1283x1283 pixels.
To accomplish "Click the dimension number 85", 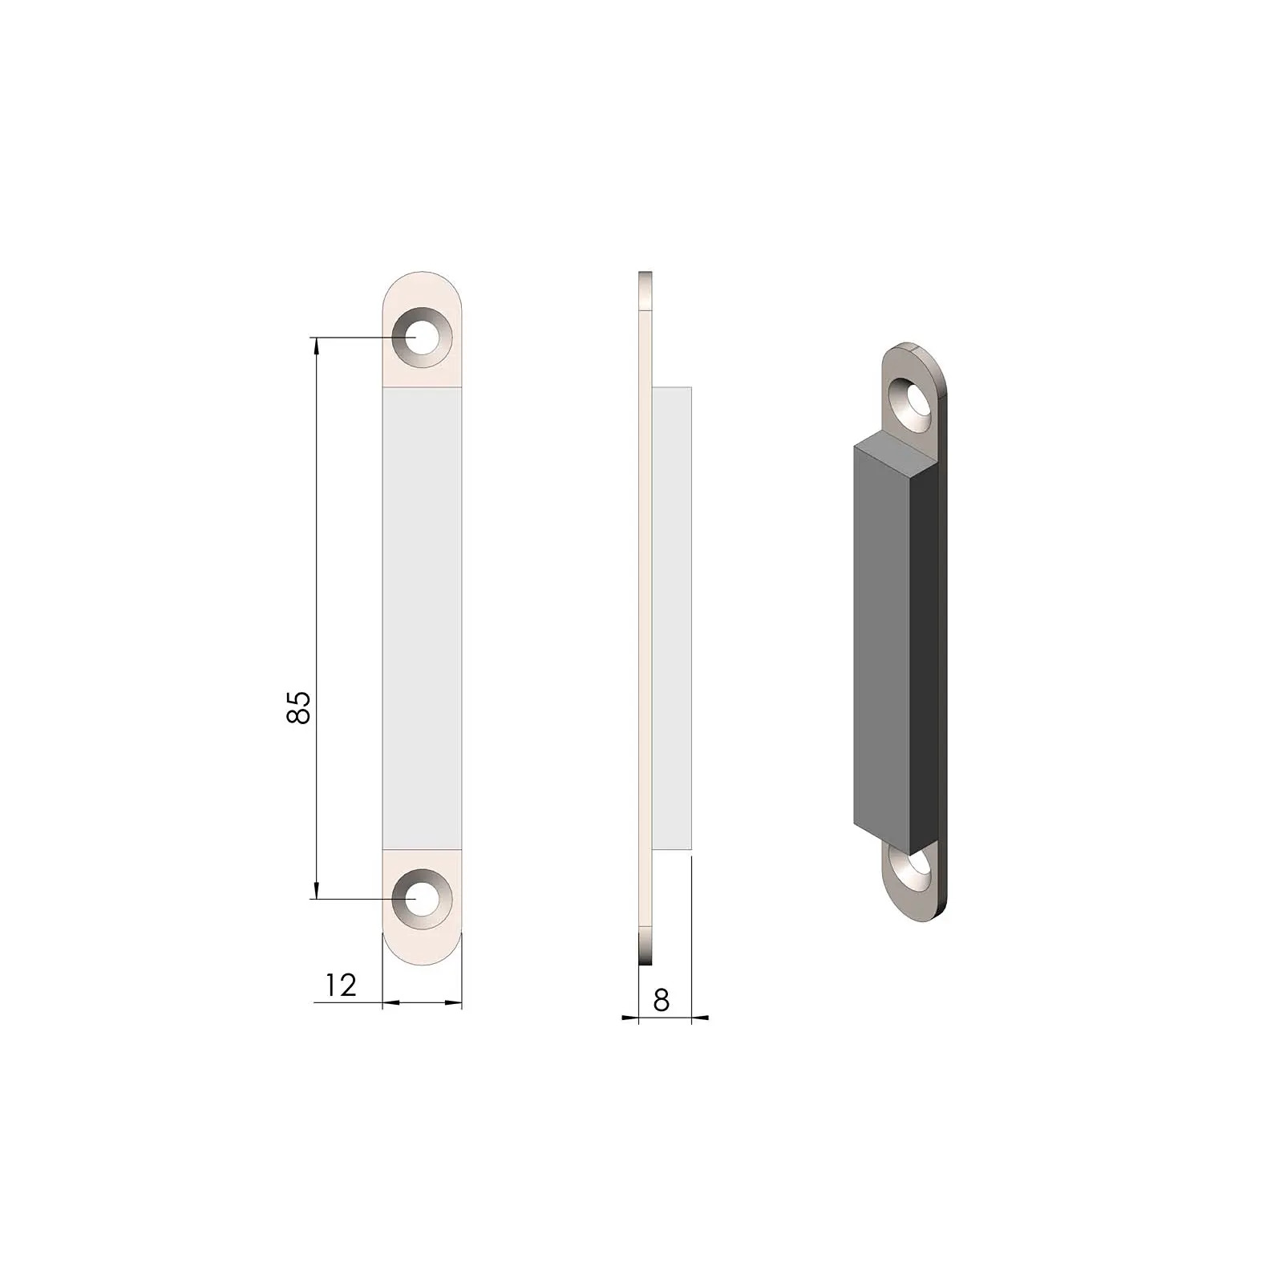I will (298, 706).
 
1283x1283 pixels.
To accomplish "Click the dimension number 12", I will (341, 986).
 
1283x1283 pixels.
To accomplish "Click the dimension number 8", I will (662, 1000).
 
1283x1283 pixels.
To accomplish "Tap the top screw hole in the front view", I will (419, 338).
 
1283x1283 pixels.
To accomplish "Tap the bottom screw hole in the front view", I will (419, 899).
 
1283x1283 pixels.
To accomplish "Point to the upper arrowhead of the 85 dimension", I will (317, 345).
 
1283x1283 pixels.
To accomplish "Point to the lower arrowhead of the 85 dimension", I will (317, 891).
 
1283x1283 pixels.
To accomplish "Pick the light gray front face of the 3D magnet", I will (882, 641).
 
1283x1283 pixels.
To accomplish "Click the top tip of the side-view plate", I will (646, 277).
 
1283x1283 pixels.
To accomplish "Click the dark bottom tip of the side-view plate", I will (646, 954).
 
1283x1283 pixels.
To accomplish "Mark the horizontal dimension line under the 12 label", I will (422, 1002).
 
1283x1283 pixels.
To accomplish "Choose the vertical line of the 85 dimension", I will (317, 561).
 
